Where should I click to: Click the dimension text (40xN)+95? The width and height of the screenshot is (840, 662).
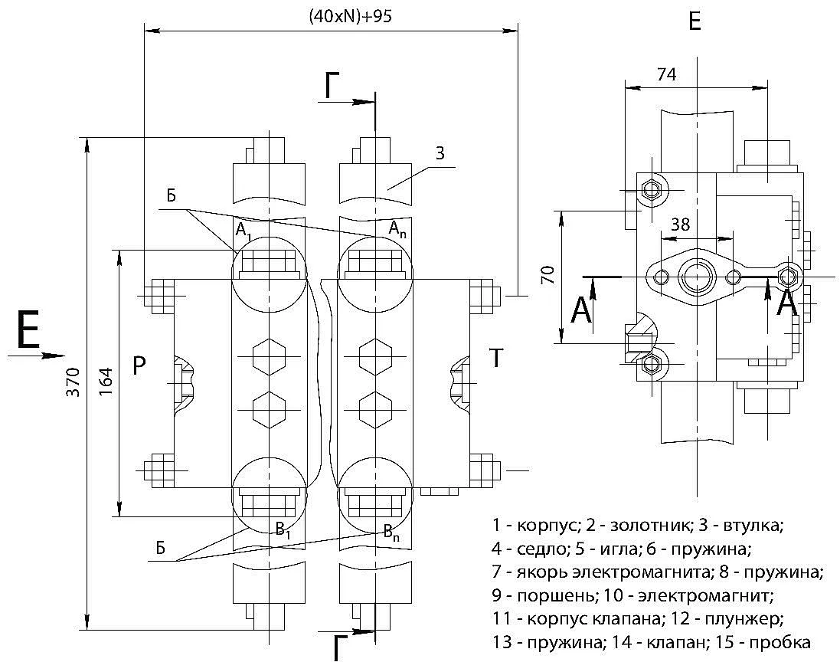coord(350,16)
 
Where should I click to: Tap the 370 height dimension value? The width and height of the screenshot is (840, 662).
coord(74,382)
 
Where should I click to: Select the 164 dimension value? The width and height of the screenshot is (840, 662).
coord(106,382)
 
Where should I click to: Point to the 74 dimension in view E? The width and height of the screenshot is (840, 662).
coord(666,74)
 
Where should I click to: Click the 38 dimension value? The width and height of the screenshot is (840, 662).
coord(681,224)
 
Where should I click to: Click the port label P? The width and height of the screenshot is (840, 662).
coord(139,365)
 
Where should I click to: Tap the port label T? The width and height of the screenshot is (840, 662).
coord(496,358)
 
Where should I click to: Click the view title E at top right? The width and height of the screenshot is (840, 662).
coord(695,22)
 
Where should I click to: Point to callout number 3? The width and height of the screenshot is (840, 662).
coord(440,153)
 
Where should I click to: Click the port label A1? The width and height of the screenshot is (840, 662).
coord(244,231)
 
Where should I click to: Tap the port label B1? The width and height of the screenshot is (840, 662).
coord(283,530)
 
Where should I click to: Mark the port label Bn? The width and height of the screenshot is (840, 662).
coord(391,533)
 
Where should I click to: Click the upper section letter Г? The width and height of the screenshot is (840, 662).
coord(332,87)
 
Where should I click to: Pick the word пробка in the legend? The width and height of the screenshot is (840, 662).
coord(780,642)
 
